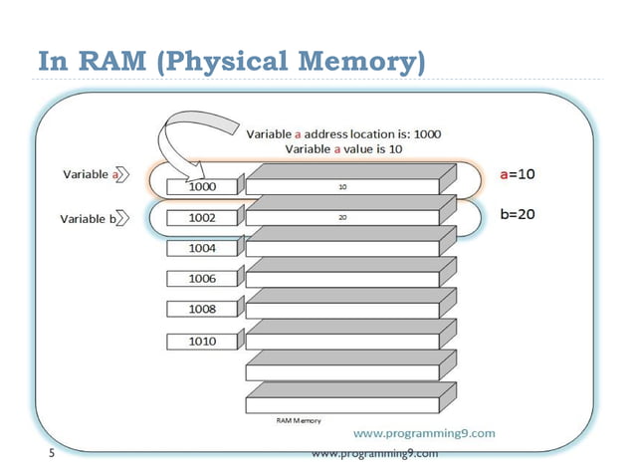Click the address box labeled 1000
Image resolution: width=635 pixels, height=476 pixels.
tap(203, 185)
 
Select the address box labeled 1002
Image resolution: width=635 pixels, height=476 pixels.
tap(203, 216)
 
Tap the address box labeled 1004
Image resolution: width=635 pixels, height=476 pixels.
tap(203, 247)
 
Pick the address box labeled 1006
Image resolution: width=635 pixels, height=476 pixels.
tap(203, 279)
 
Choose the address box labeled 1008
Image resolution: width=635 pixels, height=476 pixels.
tap(203, 310)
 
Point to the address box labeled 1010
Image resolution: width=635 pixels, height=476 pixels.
tap(203, 341)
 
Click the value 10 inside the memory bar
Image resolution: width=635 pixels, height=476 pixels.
tap(341, 185)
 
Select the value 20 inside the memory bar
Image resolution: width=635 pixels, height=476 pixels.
tap(341, 216)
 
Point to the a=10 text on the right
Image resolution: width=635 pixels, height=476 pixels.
tap(517, 173)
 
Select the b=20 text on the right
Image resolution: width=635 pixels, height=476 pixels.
tap(517, 214)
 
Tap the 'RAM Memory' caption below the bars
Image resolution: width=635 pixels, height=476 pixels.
tap(298, 421)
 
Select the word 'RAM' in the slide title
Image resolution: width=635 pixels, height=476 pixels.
tap(106, 61)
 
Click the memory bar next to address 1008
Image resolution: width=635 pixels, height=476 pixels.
tap(341, 310)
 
